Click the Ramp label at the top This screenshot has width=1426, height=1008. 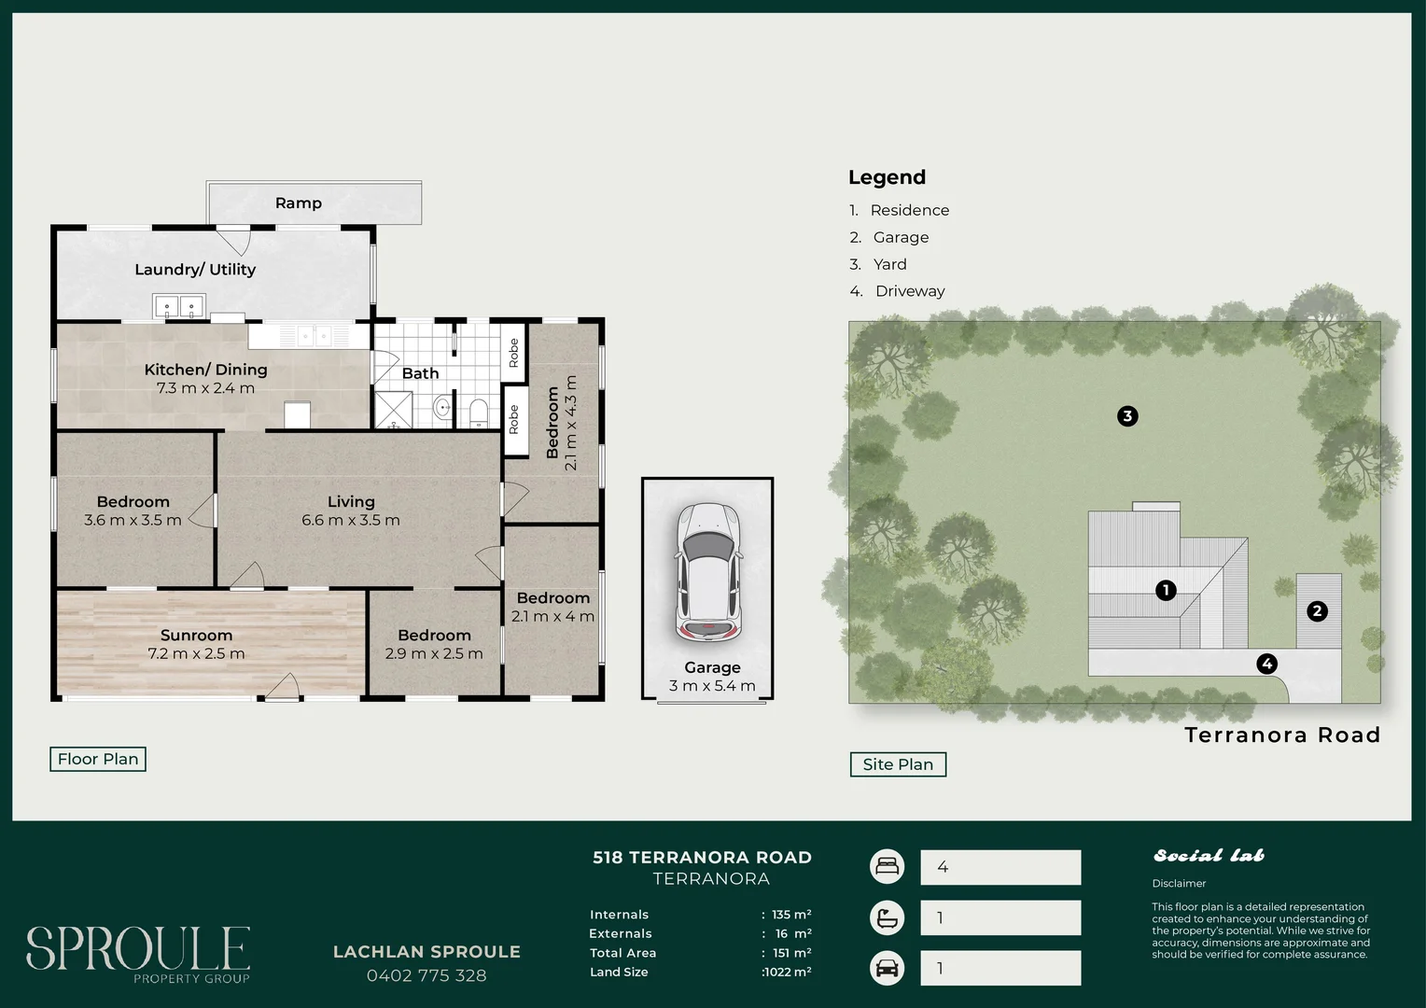coord(299,203)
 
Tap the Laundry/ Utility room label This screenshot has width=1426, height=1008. coord(195,270)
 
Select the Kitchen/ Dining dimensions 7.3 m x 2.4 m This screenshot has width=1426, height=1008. coord(205,388)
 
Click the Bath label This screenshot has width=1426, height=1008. coord(420,373)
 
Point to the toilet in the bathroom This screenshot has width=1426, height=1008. coord(478,412)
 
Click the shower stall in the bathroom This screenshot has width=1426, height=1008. coord(393,410)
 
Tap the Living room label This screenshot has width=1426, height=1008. coord(351,502)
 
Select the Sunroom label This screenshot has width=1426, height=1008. coord(196,636)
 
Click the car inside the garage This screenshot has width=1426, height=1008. coord(709,571)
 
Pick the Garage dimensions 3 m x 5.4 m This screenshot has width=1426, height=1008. coord(712,686)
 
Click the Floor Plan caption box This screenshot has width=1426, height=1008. coord(98,760)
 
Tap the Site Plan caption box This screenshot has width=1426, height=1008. coord(898,764)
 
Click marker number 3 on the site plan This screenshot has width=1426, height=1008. coord(1127,416)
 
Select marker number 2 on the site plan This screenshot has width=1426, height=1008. coord(1317,611)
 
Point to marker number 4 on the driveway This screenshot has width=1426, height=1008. coord(1266,664)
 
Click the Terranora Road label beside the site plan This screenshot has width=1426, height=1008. coord(1282,735)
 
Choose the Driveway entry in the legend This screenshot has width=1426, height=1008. coord(909,291)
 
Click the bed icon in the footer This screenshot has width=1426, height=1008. coord(887,867)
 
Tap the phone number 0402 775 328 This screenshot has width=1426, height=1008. coord(426,976)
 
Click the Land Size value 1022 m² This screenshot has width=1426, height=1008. coord(787,973)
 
